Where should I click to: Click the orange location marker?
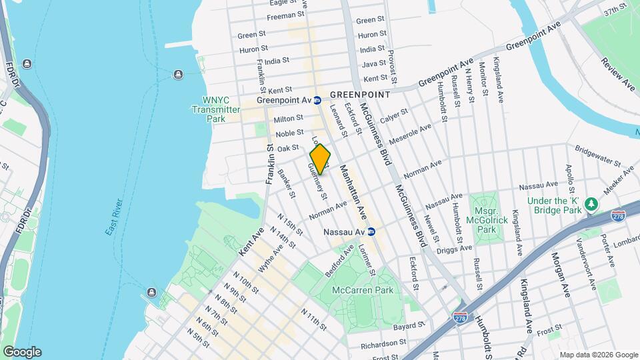click(x=320, y=159)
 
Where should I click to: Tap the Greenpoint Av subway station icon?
click(x=318, y=101)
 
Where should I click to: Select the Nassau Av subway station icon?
click(x=372, y=231)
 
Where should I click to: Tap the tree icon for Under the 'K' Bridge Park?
click(x=590, y=203)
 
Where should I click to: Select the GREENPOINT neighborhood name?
click(x=360, y=95)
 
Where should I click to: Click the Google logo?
click(x=21, y=351)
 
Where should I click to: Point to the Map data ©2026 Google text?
click(x=599, y=354)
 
